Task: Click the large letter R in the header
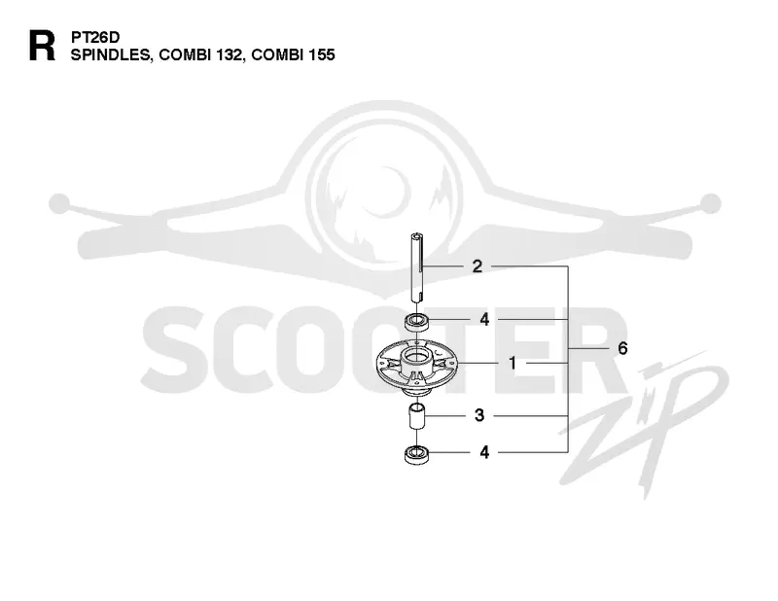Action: pos(42,46)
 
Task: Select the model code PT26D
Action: pos(95,37)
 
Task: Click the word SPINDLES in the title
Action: pos(111,54)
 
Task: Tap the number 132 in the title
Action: pos(230,54)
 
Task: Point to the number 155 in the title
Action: pos(322,54)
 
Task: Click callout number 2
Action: pos(477,266)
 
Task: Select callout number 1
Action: pos(513,364)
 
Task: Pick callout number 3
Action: pos(478,415)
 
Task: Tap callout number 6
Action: pos(622,348)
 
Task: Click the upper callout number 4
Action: pos(484,319)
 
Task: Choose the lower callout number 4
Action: pos(484,452)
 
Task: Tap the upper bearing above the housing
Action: pos(417,322)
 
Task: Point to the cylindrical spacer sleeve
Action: pos(417,419)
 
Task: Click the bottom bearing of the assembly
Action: pos(417,455)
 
